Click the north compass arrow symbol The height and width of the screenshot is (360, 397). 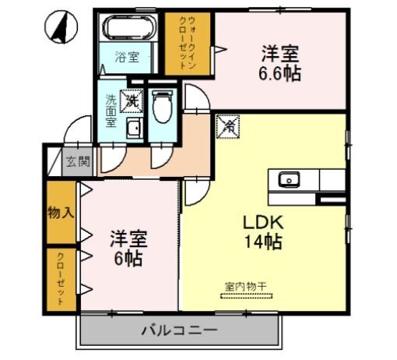click(61, 29)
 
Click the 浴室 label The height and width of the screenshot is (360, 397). click(127, 57)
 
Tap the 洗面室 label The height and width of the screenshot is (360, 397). click(112, 111)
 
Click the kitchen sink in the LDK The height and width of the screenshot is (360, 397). click(290, 180)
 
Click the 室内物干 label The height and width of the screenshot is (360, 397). click(246, 287)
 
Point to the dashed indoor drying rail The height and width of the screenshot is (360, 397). click(245, 296)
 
